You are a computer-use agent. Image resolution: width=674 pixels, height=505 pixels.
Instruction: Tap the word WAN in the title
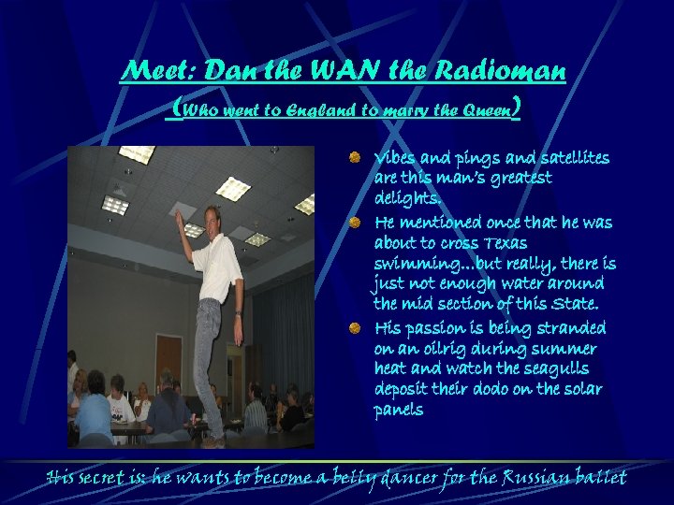345,71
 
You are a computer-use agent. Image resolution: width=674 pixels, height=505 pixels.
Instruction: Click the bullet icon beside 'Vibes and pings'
356,157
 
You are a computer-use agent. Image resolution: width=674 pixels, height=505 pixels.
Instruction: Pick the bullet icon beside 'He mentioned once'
356,223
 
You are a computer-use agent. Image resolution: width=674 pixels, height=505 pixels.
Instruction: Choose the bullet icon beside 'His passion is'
356,328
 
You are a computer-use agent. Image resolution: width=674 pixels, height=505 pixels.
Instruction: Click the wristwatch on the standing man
239,313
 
